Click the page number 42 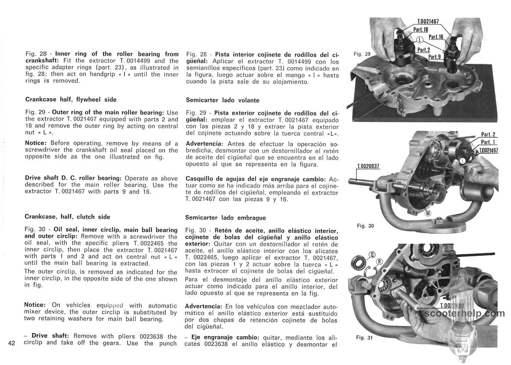[x=11, y=343]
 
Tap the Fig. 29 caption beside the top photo [x=362, y=54]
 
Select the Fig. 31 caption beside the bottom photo [x=364, y=338]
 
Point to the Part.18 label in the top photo [x=420, y=30]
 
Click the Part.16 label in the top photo [x=436, y=37]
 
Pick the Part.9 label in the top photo [x=434, y=57]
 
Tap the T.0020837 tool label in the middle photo [x=368, y=167]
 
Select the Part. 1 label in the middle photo [x=488, y=142]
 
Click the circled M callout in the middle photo [x=428, y=214]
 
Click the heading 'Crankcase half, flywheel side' [x=71, y=100]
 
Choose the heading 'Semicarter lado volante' [x=222, y=101]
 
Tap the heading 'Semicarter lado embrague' [x=226, y=218]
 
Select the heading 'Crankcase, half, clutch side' [x=67, y=217]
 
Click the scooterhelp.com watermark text [x=465, y=313]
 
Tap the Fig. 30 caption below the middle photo [x=365, y=226]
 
